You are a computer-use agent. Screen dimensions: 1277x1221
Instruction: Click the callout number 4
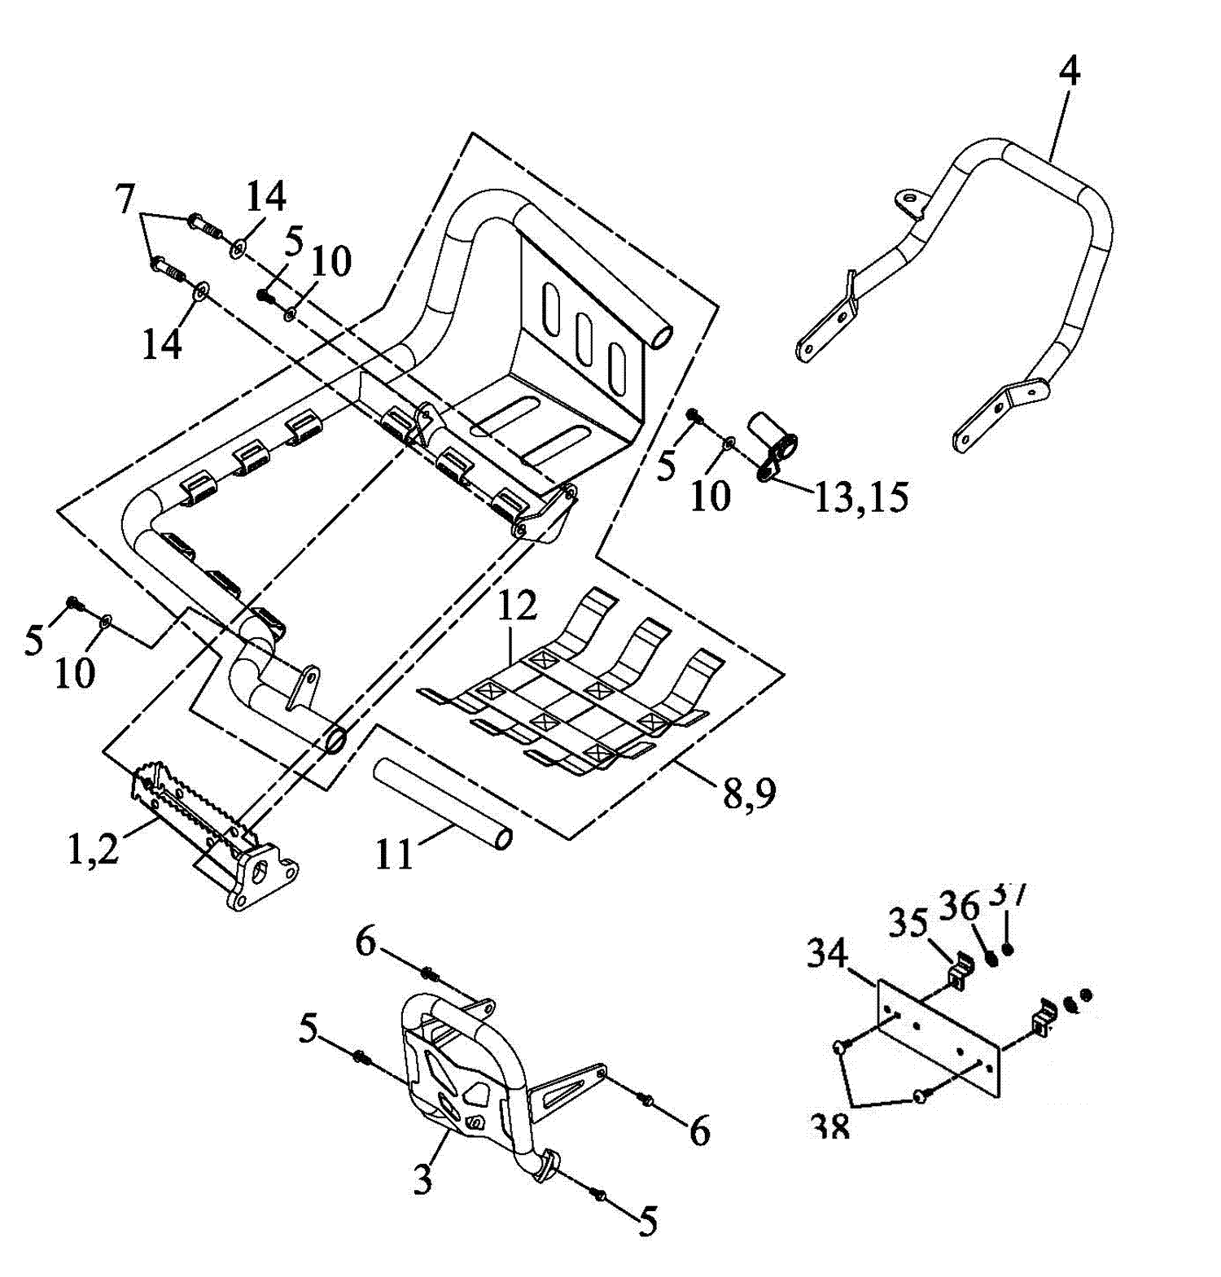pos(1070,72)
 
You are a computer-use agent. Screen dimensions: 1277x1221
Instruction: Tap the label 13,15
pos(861,497)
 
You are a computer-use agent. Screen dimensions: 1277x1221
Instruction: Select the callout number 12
pos(518,606)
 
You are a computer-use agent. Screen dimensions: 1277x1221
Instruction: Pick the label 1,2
pos(92,849)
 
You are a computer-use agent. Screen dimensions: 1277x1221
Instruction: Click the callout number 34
pos(827,953)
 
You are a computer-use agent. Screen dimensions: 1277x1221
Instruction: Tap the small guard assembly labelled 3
pos(456,1066)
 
